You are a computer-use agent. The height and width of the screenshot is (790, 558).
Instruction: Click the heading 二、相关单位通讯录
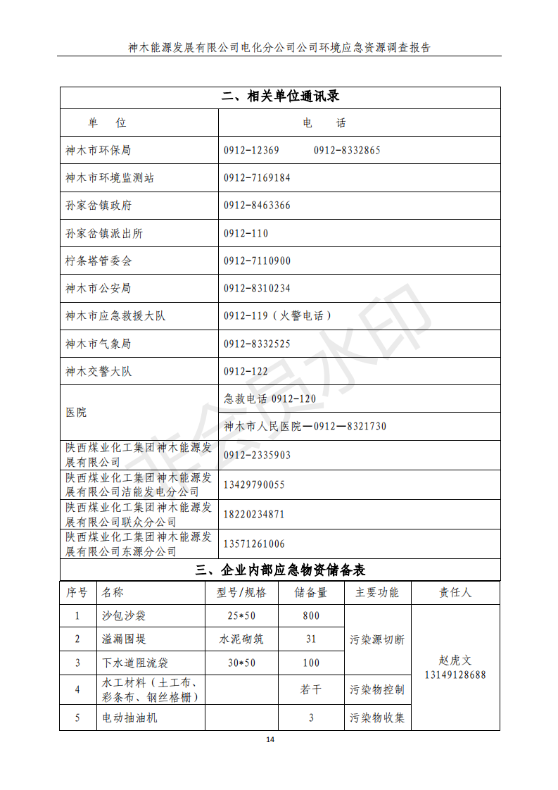coord(280,97)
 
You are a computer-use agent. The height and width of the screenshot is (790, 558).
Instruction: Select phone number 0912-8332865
coord(347,150)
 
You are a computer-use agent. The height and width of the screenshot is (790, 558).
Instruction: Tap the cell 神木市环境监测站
coord(109,178)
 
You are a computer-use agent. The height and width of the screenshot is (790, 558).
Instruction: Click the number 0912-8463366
coord(257,206)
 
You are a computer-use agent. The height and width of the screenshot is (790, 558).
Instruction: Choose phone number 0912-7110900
coord(257,261)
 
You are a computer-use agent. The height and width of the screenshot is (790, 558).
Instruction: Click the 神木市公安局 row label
coord(98,288)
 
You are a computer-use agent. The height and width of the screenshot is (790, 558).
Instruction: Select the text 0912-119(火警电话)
coord(277,316)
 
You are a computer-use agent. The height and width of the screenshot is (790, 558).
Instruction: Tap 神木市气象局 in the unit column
coord(98,344)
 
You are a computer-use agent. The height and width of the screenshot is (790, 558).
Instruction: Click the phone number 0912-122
coord(246,371)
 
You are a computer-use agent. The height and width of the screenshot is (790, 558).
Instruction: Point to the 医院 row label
coord(76,412)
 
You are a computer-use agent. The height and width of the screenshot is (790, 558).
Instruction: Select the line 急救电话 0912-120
coord(270,399)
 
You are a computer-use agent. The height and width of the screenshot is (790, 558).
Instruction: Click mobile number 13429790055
coord(254,484)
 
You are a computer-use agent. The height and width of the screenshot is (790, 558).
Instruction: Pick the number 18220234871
coord(254,514)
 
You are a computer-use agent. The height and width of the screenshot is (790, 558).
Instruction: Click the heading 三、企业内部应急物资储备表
coord(280,570)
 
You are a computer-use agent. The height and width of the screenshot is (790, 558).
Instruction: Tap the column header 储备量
coord(311,593)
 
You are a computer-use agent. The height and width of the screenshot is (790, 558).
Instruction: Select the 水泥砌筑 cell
coord(241,639)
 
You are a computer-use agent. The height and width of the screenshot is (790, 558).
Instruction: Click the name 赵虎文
coord(455,660)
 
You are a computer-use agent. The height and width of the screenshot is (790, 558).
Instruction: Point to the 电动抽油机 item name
coord(130,718)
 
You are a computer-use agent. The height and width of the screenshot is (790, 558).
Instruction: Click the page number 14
coord(270,739)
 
